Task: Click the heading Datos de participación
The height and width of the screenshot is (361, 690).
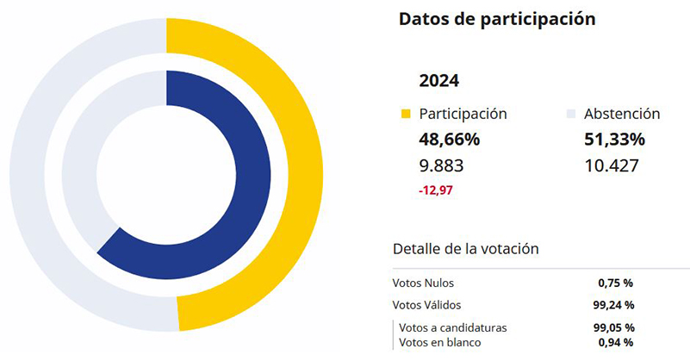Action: click(x=497, y=19)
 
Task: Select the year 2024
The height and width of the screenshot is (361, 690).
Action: click(x=438, y=81)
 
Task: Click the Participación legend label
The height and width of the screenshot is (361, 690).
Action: click(x=463, y=114)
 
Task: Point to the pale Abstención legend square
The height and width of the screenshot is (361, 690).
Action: click(x=570, y=114)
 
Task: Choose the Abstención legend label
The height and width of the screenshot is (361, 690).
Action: click(x=622, y=114)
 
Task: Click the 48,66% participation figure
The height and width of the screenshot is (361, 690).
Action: click(x=449, y=140)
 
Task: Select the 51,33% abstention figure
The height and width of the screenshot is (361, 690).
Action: click(x=614, y=140)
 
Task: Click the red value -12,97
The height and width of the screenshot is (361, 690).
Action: click(x=436, y=189)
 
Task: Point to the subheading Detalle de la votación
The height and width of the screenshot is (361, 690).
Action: click(x=465, y=248)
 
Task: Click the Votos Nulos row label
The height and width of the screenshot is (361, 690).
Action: click(x=423, y=283)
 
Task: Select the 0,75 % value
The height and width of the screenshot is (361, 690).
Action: click(x=616, y=283)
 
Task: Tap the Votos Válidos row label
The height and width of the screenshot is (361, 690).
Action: click(x=426, y=304)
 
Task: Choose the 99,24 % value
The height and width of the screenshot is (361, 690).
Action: click(x=614, y=304)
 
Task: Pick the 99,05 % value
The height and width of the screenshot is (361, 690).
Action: click(x=614, y=327)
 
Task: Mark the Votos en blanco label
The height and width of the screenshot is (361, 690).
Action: click(x=441, y=342)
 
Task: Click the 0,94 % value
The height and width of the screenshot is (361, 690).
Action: click(x=616, y=342)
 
